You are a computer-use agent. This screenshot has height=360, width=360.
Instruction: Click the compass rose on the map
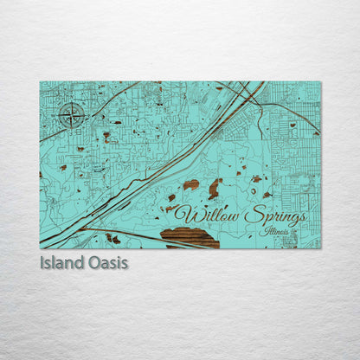coord(73,114)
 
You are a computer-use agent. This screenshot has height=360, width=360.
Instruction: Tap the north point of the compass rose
coord(73,102)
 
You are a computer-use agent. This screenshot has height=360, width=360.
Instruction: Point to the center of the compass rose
coord(73,114)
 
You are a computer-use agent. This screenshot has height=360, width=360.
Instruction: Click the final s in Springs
coord(300,216)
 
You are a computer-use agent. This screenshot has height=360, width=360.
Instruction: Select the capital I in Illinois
coord(268,230)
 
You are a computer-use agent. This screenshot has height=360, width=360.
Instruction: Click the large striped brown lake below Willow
coord(190,237)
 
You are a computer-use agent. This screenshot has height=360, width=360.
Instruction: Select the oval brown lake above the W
coord(190,184)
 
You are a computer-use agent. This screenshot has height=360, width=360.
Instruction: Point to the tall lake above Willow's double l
coord(214,188)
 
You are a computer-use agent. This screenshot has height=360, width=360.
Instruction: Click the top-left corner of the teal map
coord(40,82)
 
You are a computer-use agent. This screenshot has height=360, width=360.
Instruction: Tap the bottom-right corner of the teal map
coord(320,248)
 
